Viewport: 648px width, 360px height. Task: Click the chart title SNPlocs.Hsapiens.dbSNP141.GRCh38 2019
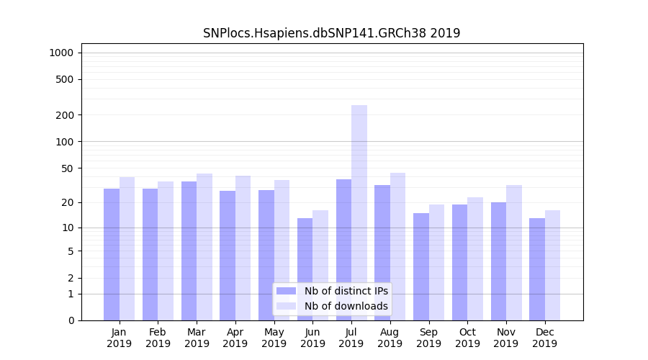(331, 33)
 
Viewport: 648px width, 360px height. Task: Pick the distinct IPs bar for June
(305, 269)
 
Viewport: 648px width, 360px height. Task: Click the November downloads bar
(514, 253)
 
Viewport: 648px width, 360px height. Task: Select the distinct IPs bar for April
(228, 256)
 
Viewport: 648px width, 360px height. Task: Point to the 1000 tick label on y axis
(61, 53)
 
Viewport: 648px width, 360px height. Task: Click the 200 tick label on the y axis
(66, 115)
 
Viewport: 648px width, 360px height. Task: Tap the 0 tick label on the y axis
(71, 320)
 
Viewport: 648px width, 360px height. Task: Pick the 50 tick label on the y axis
(68, 168)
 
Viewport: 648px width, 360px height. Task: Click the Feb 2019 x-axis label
(158, 338)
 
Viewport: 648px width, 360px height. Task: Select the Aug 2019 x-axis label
(390, 338)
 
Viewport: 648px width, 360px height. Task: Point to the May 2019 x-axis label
(274, 338)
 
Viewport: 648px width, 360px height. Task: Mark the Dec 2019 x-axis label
(544, 338)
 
